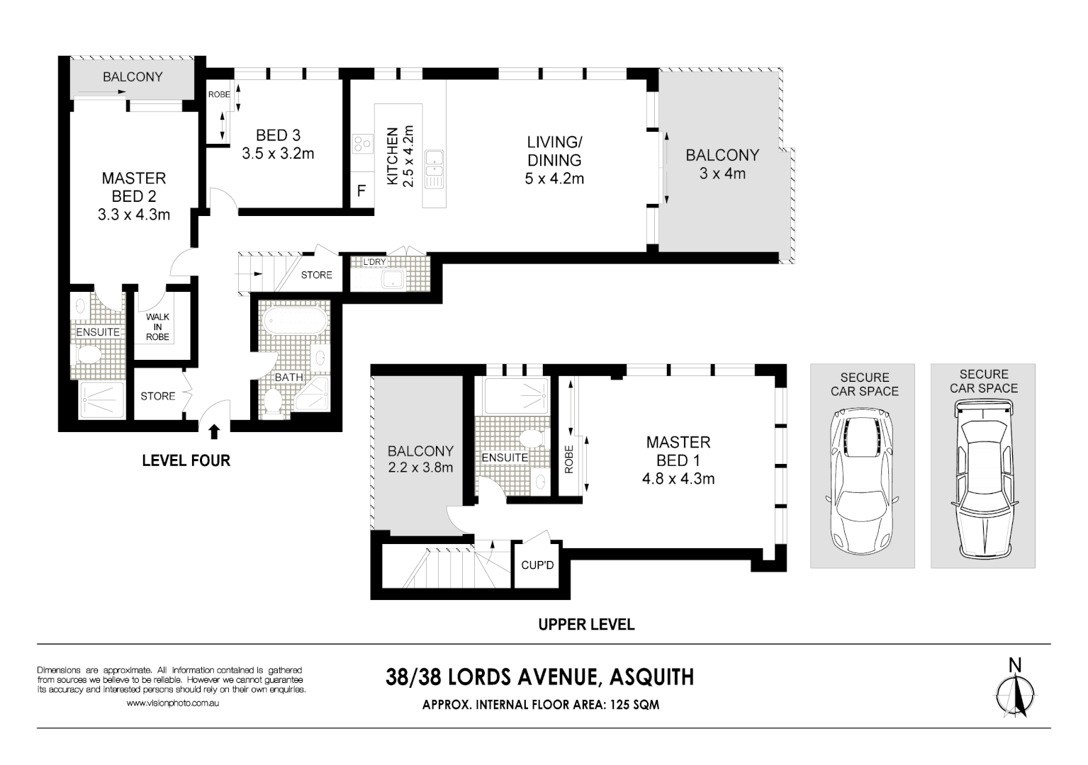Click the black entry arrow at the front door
coord(214,430)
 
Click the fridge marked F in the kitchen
coord(361,191)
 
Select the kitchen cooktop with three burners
coord(363,144)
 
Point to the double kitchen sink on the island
coord(434,169)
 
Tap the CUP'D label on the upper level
coord(537,565)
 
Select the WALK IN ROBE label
coord(157,327)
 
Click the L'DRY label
coord(374,262)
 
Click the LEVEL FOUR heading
coord(186,460)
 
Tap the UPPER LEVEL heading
coord(586,624)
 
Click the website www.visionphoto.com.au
coord(172,703)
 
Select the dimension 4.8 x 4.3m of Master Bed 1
coord(678,479)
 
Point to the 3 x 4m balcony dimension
coord(722,174)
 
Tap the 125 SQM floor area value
coord(630,705)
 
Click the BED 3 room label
coord(278,135)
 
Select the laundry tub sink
coord(392,279)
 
